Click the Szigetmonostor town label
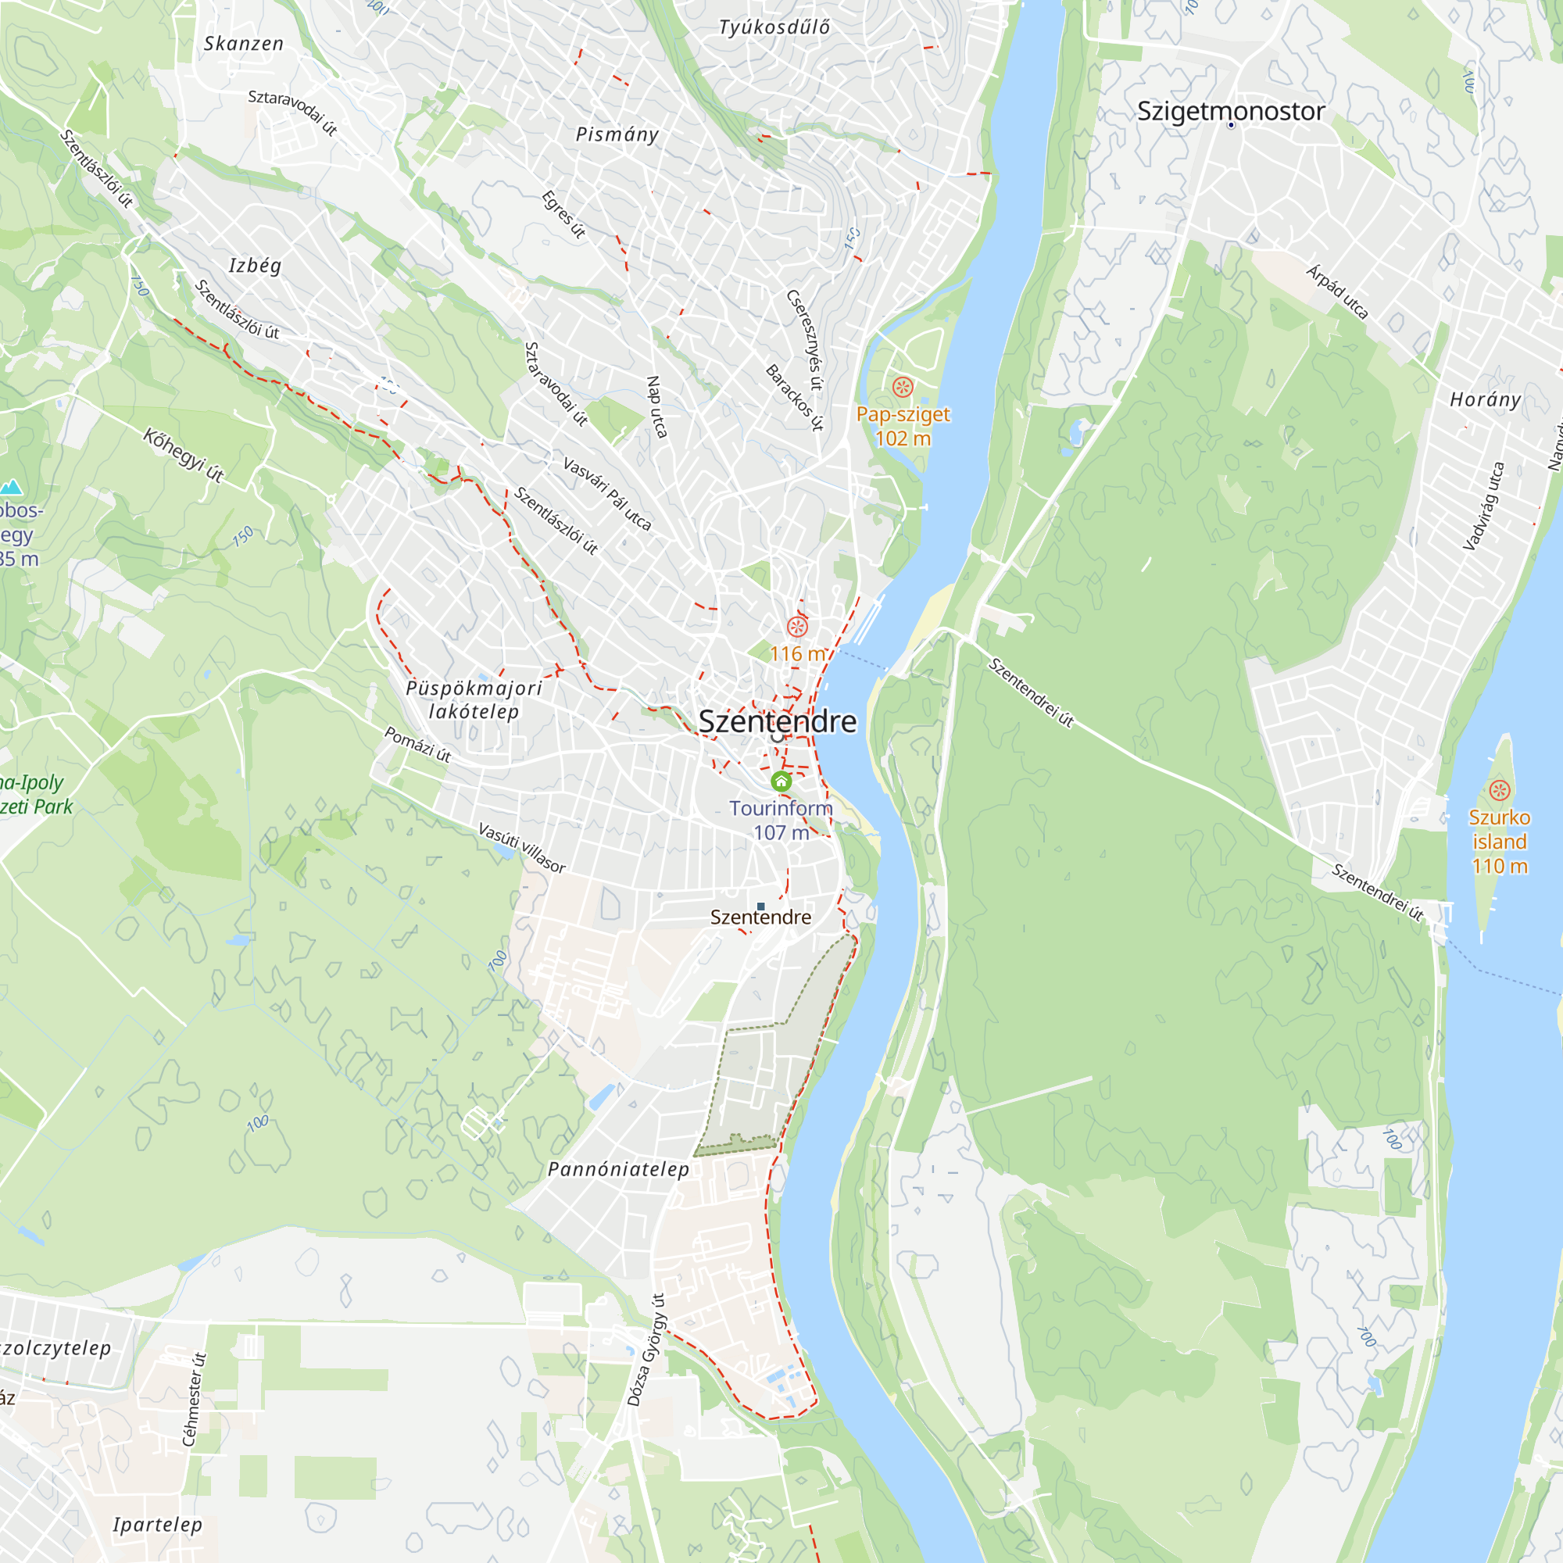coord(1231,111)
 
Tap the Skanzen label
coord(244,44)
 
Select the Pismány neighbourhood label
coord(617,134)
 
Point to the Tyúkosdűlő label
coord(774,27)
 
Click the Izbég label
coord(255,266)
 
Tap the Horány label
coord(1486,399)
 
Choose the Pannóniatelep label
coord(619,1169)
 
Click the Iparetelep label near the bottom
coord(158,1524)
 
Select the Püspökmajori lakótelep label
coord(474,699)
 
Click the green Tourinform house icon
coord(781,781)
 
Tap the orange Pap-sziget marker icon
coord(903,388)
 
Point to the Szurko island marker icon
coord(1500,790)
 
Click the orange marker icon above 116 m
coord(798,626)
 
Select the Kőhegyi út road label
coord(184,456)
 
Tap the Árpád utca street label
coord(1337,292)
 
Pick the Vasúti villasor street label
coord(522,847)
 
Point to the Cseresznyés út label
coord(805,341)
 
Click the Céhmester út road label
coord(194,1400)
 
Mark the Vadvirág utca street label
coord(1484,506)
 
